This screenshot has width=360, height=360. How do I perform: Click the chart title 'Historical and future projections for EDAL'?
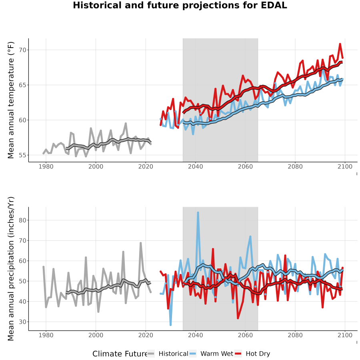pyautogui.click(x=180, y=5)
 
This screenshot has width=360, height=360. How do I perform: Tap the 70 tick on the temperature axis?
pyautogui.click(x=23, y=50)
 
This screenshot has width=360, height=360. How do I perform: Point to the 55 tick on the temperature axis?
pyautogui.click(x=23, y=155)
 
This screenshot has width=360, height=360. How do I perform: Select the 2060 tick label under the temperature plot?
pyautogui.click(x=245, y=166)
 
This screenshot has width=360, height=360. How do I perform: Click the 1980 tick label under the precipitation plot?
pyautogui.click(x=46, y=335)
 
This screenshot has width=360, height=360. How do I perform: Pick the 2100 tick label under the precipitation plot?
pyautogui.click(x=345, y=335)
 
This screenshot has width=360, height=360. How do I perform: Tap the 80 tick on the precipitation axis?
pyautogui.click(x=23, y=220)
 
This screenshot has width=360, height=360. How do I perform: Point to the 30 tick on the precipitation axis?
pyautogui.click(x=23, y=322)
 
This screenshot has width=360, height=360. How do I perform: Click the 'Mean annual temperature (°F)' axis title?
pyautogui.click(x=11, y=100)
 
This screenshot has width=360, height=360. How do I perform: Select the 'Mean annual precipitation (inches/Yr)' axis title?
pyautogui.click(x=11, y=269)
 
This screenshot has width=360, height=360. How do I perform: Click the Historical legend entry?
pyautogui.click(x=168, y=354)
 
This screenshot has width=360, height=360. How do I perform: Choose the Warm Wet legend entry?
pyautogui.click(x=211, y=354)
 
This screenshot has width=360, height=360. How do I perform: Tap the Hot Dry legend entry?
pyautogui.click(x=252, y=354)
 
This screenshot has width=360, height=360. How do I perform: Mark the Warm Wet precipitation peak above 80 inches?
pyautogui.click(x=198, y=213)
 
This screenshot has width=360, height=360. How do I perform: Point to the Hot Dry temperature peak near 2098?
pyautogui.click(x=340, y=44)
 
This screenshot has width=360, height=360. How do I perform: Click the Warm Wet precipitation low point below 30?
pyautogui.click(x=170, y=325)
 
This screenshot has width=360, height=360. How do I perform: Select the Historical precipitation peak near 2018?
pyautogui.click(x=141, y=243)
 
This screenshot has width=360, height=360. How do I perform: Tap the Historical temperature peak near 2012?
pyautogui.click(x=126, y=124)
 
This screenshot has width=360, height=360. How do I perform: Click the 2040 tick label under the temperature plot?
pyautogui.click(x=195, y=166)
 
